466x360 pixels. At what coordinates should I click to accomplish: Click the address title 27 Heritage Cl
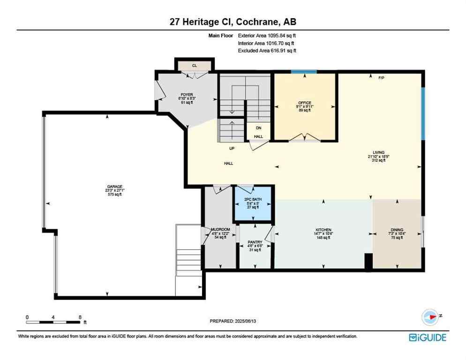click(233, 22)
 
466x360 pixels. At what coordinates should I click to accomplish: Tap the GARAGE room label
click(114, 187)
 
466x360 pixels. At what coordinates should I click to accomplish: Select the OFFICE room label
click(305, 103)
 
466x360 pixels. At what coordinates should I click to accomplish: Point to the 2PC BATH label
click(253, 200)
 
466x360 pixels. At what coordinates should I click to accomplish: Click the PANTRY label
click(254, 243)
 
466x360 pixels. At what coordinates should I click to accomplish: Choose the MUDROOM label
click(220, 230)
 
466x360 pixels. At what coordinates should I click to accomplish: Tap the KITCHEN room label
click(323, 230)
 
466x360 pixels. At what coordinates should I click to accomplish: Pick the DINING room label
click(397, 230)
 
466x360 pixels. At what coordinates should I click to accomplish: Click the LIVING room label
click(378, 152)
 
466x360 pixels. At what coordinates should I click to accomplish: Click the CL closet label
click(194, 66)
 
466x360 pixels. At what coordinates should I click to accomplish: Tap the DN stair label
click(258, 128)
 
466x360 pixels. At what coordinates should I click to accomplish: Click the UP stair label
click(232, 149)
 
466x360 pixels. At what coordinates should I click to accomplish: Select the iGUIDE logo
click(427, 337)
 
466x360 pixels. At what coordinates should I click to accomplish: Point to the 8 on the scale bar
click(80, 317)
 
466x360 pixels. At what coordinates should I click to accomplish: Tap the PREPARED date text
click(233, 321)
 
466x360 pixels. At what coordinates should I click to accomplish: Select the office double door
click(305, 137)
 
